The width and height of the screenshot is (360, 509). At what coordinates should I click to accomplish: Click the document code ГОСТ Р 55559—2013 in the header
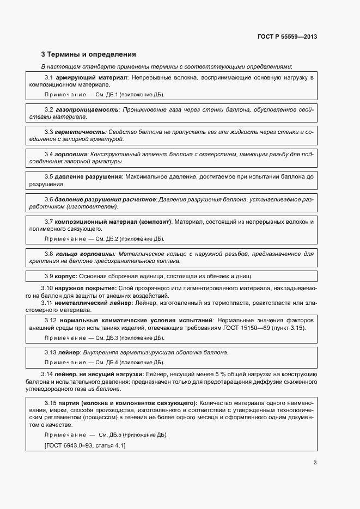click(x=287, y=37)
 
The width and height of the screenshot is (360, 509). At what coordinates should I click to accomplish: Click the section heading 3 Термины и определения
click(x=89, y=54)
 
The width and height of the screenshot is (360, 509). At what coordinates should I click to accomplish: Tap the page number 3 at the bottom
click(x=315, y=463)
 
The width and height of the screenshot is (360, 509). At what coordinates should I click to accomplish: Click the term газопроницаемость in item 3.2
click(x=87, y=109)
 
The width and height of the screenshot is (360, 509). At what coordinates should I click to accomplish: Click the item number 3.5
click(x=48, y=177)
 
